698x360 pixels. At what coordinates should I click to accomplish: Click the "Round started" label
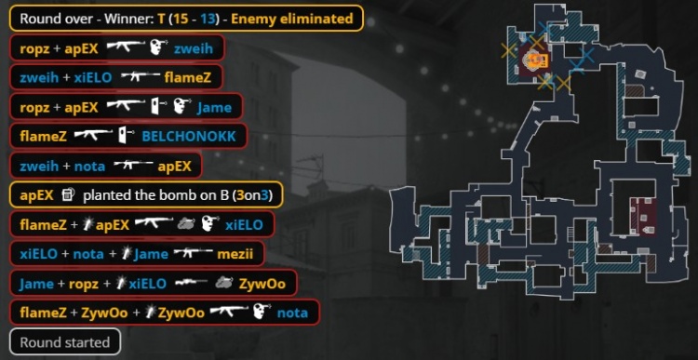point(64,341)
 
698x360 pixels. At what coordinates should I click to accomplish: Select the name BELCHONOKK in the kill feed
point(188,136)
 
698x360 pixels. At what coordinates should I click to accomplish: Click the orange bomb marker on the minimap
point(535,60)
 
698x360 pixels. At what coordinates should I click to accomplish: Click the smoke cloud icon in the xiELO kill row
point(185,224)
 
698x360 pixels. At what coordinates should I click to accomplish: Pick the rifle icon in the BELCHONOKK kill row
point(93,136)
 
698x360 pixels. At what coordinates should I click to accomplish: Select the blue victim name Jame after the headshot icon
point(214,107)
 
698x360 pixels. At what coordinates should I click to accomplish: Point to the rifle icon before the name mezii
point(194,253)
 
